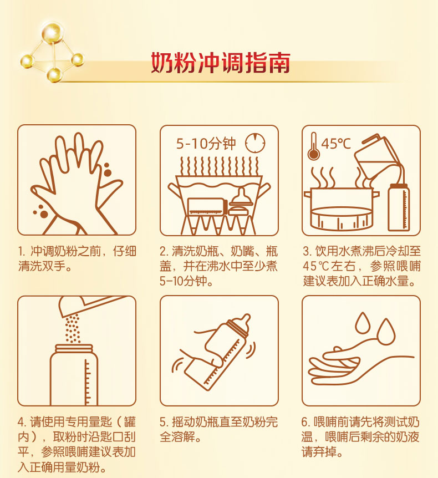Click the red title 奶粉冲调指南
tap(220, 63)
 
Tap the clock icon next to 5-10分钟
tap(256, 143)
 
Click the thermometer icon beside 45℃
tap(313, 146)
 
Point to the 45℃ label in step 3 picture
tap(336, 144)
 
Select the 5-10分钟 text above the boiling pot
tap(206, 143)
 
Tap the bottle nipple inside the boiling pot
tap(241, 196)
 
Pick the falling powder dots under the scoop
tap(73, 329)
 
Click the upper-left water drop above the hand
tap(363, 323)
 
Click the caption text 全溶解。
tap(180, 437)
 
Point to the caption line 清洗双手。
tap(45, 266)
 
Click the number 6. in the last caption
tap(306, 422)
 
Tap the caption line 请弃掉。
tap(323, 451)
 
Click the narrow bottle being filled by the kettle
tap(399, 207)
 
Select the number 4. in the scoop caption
tap(22, 422)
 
